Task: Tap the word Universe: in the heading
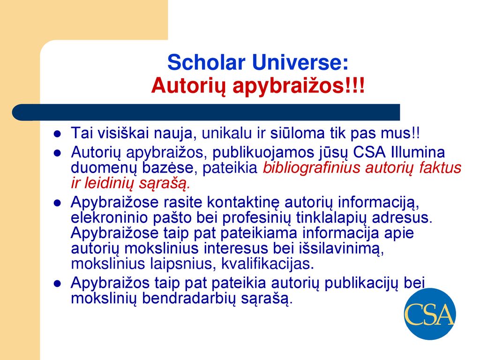click(300, 62)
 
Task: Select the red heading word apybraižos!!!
click(299, 86)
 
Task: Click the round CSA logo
click(430, 314)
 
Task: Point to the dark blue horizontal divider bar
click(206, 112)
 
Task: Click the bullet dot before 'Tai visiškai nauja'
click(57, 134)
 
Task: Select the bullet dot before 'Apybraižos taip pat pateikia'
click(57, 284)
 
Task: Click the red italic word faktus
click(440, 168)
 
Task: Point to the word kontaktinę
click(243, 202)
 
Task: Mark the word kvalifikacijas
click(268, 264)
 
